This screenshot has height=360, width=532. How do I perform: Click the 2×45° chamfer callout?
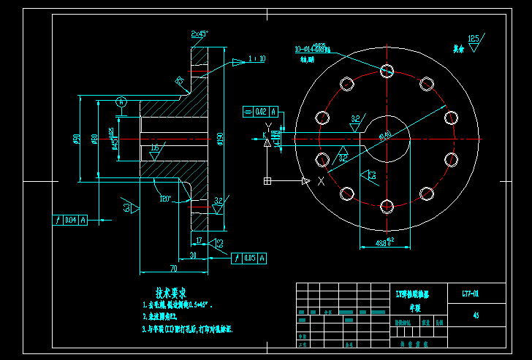199,34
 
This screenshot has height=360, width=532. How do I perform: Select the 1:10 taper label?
257,58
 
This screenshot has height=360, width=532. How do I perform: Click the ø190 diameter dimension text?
220,138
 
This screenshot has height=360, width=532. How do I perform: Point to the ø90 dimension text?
77,138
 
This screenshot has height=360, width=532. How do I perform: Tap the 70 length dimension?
173,267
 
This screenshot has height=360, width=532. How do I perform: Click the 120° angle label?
165,199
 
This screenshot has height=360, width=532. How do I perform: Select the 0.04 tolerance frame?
70,220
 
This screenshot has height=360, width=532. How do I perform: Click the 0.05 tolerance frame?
248,258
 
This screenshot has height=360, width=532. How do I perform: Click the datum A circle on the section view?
122,102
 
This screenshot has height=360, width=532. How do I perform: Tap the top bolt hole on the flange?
387,71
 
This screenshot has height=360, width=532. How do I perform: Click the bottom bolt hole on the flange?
387,207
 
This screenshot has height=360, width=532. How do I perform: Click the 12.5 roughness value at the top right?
474,37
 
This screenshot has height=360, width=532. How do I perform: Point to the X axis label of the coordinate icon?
321,181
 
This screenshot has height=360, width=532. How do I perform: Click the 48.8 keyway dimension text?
384,242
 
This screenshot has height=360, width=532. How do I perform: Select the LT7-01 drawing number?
471,294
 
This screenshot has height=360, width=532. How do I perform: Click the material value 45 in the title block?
476,316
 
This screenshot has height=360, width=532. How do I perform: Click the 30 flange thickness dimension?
193,255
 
